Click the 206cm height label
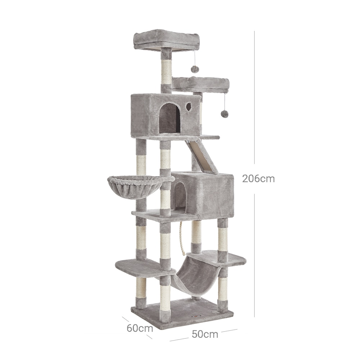(258, 179)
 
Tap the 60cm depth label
(140, 328)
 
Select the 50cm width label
(205, 334)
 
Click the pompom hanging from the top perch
(195, 69)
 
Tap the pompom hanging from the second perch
(224, 113)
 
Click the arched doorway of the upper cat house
(170, 118)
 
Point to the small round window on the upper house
(189, 106)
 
